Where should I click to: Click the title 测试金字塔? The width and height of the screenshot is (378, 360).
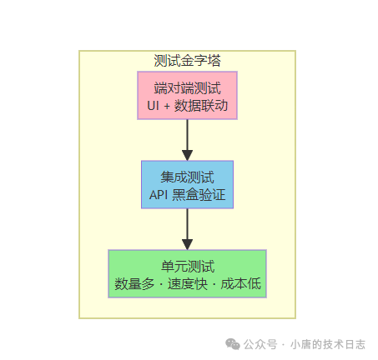point(187,60)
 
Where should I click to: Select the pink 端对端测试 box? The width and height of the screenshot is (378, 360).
point(187,96)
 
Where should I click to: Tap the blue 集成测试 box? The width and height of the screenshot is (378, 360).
point(187,185)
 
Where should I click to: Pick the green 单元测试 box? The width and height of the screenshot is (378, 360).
point(187,275)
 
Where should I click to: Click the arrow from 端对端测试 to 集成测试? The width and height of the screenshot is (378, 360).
point(187,140)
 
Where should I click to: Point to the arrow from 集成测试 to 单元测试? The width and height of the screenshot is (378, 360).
point(187,229)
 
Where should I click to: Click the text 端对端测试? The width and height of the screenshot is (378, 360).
point(187,87)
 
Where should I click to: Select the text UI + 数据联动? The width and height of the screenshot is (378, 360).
point(187,106)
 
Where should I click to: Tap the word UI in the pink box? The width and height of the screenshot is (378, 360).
point(154,106)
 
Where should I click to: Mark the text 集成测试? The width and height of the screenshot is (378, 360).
point(187,177)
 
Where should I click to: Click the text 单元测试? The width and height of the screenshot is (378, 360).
point(187,267)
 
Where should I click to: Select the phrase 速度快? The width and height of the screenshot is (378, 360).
point(188,284)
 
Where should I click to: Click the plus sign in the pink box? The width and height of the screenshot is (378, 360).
point(170,106)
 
